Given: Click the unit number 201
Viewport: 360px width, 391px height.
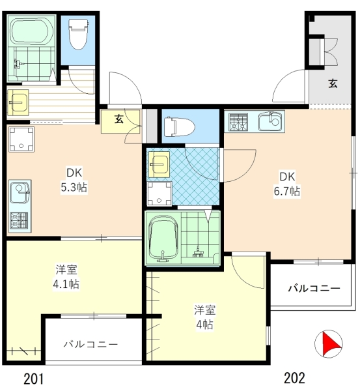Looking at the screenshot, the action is coord(34,379).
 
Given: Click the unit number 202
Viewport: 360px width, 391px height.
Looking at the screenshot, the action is coord(294,378).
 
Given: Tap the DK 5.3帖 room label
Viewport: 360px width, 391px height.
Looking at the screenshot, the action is coord(74,180).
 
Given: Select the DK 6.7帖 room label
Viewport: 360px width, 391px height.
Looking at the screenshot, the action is coord(287,184).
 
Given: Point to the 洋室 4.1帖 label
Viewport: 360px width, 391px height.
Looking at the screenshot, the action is coord(66,276).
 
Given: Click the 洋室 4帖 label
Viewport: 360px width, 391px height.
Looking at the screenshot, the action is coord(205,317).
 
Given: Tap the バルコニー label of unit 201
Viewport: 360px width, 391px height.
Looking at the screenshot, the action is coord(90,344).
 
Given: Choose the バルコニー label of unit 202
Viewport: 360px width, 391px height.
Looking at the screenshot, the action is coord(314,288).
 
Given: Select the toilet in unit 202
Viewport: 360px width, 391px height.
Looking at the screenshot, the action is coord(180,126).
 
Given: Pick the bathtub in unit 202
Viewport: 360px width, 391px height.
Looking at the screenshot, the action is coord(163,239).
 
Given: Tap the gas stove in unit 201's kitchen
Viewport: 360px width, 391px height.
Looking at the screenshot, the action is coord(19,220).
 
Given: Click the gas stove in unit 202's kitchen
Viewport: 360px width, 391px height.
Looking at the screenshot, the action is coord(239,122).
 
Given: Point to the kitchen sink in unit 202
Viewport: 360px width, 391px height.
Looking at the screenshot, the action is coord(270,121).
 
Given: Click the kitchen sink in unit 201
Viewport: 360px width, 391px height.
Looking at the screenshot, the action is coord(20,192).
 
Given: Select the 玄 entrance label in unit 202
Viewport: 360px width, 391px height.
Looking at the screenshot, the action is coord(333,83).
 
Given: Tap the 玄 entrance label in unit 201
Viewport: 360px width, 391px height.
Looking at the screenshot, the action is coord(119,119).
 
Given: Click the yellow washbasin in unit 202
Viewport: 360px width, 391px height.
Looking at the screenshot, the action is coord(159,164).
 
